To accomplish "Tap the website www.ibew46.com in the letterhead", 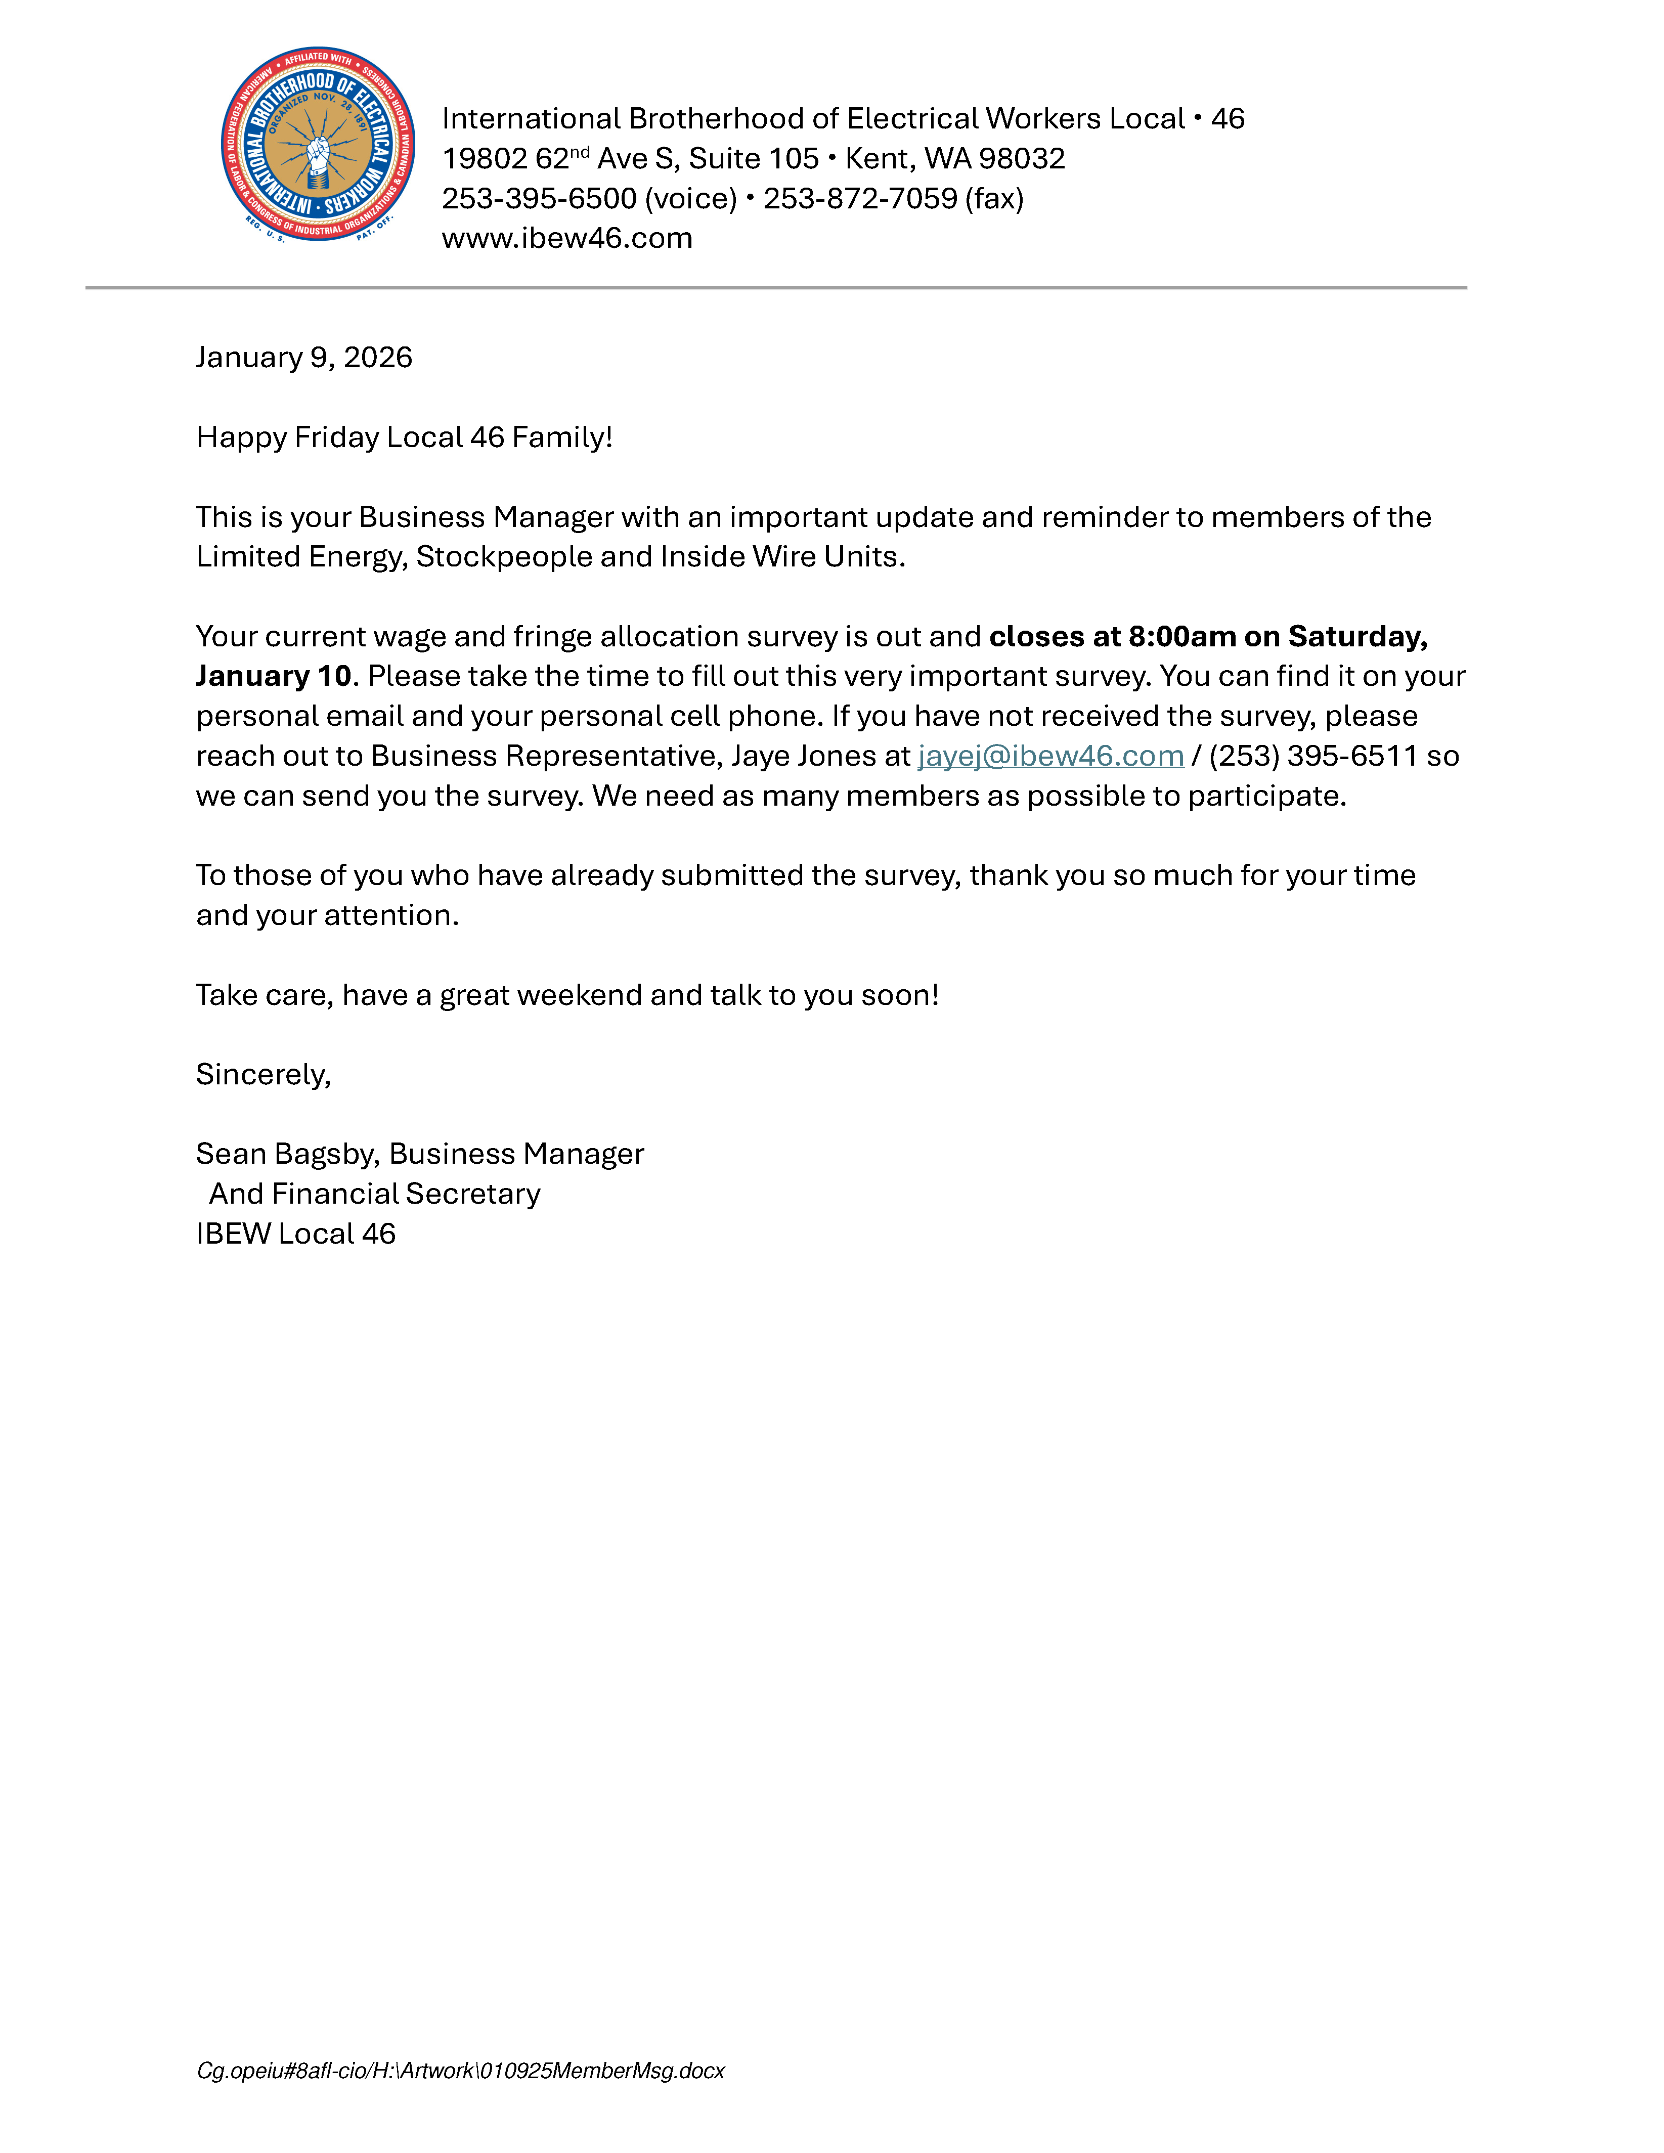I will [567, 239].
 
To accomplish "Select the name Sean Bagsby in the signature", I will [286, 1154].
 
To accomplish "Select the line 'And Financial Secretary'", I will [375, 1194].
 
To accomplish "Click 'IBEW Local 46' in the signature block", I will [296, 1234].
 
